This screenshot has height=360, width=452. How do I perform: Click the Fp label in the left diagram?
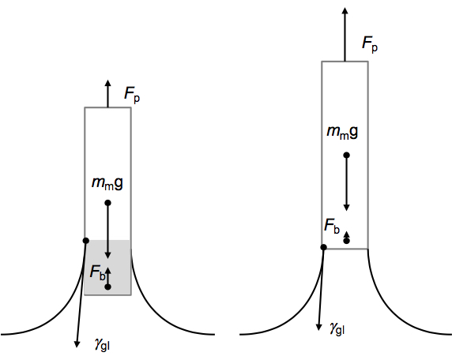pos(132,94)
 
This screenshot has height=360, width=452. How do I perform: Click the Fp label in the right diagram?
pos(370,45)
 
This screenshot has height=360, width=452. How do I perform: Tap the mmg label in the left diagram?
pos(107,183)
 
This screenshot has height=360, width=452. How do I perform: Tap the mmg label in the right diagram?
pos(342,132)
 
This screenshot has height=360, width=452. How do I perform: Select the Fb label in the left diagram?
pos(98,272)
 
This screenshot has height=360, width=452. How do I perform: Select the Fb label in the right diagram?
pos(332,226)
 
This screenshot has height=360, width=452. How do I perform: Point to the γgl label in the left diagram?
pos(102,344)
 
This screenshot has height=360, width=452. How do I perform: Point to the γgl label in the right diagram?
pos(337,328)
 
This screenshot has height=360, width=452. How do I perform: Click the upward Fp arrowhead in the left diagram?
pos(107,83)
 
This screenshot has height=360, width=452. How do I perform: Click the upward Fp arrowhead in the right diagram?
pos(345,10)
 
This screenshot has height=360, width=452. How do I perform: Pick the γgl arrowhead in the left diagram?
pos(77,344)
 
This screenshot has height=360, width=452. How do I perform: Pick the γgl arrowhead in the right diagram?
pos(318,327)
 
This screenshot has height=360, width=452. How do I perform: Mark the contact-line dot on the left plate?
pos(86,241)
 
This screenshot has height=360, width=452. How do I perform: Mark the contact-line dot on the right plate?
pos(323,247)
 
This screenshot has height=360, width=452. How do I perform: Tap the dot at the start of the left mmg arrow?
pos(107,203)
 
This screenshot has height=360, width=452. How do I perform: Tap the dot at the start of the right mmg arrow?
pos(346,156)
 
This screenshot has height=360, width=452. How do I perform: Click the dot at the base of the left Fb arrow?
pos(107,287)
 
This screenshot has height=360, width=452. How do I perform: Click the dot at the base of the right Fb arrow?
pos(347,241)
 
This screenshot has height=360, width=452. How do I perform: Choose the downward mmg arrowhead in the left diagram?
pos(107,255)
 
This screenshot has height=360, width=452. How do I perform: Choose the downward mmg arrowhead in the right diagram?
pos(346,208)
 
